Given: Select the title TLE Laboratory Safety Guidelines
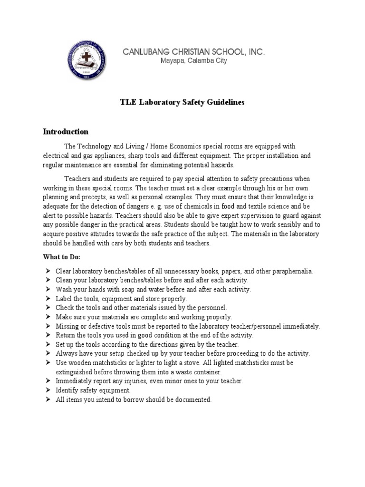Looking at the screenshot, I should point(182,103).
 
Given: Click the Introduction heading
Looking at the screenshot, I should point(66,132).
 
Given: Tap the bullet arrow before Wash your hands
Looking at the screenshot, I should point(48,289).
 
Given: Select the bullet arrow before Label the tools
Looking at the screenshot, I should point(48,299).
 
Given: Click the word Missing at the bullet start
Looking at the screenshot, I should point(67,326).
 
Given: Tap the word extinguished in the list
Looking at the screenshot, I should point(77,372).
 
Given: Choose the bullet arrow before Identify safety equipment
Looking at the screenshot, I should point(48,390).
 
